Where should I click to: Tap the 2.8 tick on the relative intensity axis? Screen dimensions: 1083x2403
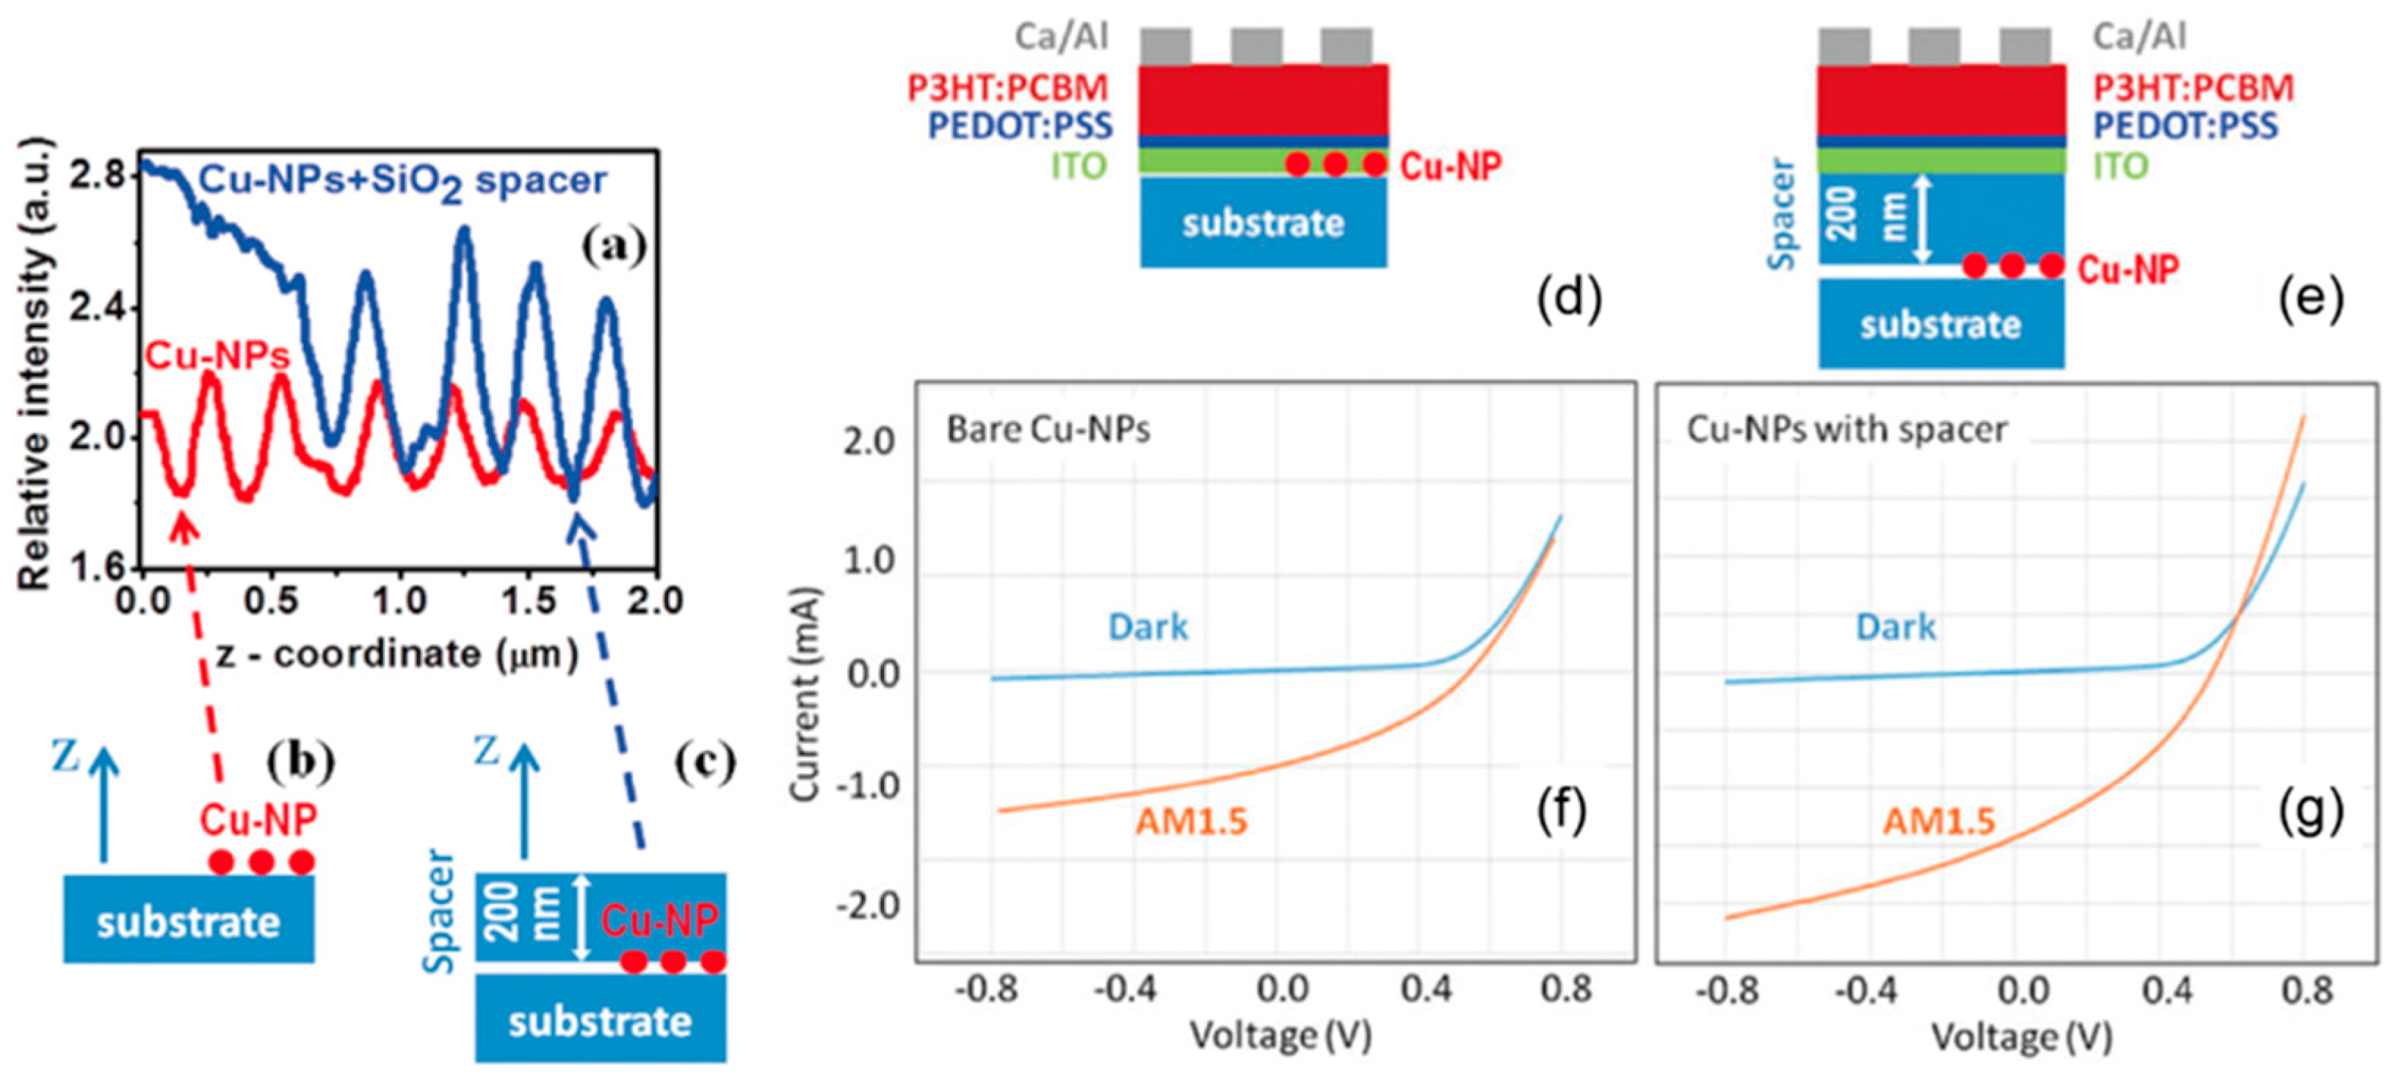[97, 175]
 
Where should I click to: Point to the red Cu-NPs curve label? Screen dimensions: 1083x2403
[217, 355]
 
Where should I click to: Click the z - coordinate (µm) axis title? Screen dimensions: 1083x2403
[396, 655]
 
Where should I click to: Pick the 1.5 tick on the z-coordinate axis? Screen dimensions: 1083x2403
[529, 601]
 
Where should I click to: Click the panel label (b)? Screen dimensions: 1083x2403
[300, 761]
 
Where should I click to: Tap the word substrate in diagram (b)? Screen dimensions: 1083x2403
[189, 922]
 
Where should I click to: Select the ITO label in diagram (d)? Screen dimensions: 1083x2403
[1079, 166]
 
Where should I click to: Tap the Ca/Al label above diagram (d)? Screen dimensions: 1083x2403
[1062, 37]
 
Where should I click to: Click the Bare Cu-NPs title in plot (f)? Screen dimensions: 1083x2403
[1048, 429]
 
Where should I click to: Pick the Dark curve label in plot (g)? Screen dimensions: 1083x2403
[1896, 627]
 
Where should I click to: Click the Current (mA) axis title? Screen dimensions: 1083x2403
[804, 694]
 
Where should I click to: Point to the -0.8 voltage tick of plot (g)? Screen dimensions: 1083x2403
[1727, 990]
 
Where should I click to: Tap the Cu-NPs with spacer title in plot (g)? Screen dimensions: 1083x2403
[1847, 429]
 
